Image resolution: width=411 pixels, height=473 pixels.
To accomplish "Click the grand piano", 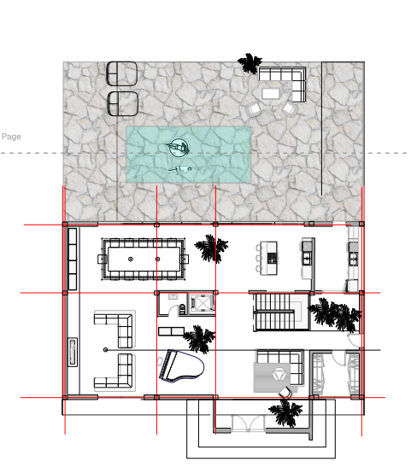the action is [x=181, y=366].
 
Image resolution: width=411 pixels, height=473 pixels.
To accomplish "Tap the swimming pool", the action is [x=189, y=155].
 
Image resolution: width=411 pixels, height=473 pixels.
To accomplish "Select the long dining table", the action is [x=144, y=259].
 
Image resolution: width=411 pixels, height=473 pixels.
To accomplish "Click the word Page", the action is [x=11, y=137].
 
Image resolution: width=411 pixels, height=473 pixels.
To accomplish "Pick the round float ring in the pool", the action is [x=179, y=147].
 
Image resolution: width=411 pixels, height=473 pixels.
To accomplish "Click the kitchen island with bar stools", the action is [x=267, y=258].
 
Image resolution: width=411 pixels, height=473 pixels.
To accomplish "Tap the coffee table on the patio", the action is [x=271, y=94].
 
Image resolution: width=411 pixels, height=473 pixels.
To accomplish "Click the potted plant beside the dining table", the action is [x=211, y=248].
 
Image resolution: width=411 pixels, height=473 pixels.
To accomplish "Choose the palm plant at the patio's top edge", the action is [x=250, y=63].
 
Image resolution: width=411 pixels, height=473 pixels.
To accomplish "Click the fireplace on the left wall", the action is [x=72, y=352].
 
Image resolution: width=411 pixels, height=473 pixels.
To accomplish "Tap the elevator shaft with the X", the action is [x=202, y=303].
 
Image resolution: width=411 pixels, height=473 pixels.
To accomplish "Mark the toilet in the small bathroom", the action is [x=182, y=309].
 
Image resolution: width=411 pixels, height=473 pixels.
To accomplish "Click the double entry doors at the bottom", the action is [x=249, y=423].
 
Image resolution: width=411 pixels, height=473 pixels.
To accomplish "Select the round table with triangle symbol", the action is [x=278, y=374].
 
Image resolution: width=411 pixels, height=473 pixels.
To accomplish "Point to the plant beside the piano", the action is [x=199, y=338].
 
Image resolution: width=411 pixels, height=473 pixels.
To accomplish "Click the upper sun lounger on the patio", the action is [x=122, y=73].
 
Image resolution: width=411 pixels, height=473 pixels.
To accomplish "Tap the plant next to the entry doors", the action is [x=285, y=412].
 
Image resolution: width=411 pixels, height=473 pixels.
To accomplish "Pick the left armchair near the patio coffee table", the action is [x=253, y=108].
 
